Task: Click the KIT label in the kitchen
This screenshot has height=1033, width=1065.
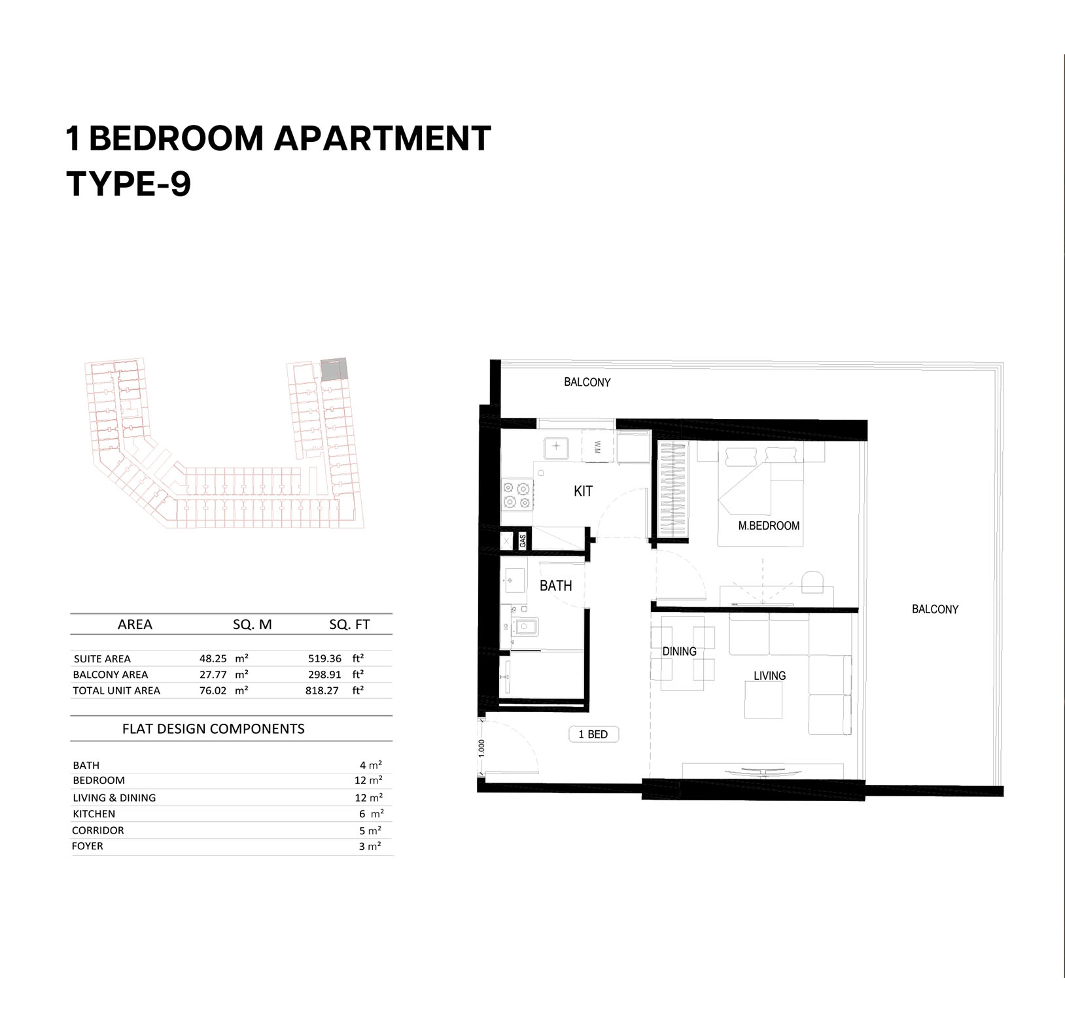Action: click(x=583, y=491)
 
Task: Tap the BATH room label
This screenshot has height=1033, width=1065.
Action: click(x=555, y=586)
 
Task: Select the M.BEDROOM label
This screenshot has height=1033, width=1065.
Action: click(x=769, y=526)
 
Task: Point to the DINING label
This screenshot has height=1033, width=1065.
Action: click(x=679, y=651)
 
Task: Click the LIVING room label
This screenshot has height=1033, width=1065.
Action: click(x=769, y=675)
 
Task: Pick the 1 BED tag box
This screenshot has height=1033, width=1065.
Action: click(x=593, y=734)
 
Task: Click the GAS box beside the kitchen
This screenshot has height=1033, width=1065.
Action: click(x=522, y=541)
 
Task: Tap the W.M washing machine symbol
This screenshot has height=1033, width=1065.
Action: click(x=597, y=447)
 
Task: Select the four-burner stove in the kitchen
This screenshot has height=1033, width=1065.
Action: click(x=516, y=495)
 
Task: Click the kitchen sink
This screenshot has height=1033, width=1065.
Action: click(x=556, y=447)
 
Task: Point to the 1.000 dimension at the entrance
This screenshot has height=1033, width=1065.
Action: click(x=482, y=748)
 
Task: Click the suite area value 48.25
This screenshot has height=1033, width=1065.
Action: click(x=213, y=658)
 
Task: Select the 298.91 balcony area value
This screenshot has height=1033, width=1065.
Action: click(x=325, y=674)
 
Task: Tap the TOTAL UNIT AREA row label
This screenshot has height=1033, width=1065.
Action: click(x=116, y=690)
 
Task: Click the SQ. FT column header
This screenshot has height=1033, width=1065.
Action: click(x=349, y=624)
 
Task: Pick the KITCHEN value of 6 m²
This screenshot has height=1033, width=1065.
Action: click(x=371, y=814)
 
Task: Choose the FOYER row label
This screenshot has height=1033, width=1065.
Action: click(x=88, y=846)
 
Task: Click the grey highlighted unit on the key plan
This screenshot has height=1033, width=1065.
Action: click(x=332, y=369)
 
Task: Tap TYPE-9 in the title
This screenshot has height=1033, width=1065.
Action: click(x=129, y=183)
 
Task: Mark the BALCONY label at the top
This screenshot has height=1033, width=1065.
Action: click(x=587, y=382)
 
